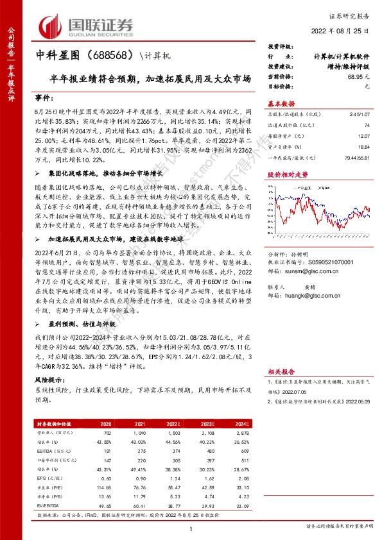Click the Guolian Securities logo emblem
pos(52,26)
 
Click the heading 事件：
pos(44,97)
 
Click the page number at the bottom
pos(191,528)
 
